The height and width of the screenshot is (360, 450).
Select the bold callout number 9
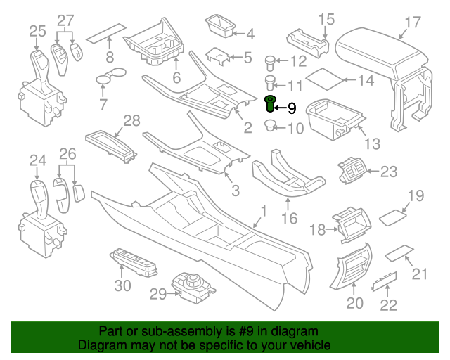coord(292,108)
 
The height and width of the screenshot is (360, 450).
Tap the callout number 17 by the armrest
coord(412,22)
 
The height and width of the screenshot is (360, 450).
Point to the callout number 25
coord(37,30)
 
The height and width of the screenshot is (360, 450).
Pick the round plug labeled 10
coord(269,127)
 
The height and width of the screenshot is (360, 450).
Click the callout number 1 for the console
coord(264,211)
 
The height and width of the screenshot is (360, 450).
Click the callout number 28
coord(132,121)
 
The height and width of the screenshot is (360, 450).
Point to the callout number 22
coord(388,305)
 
